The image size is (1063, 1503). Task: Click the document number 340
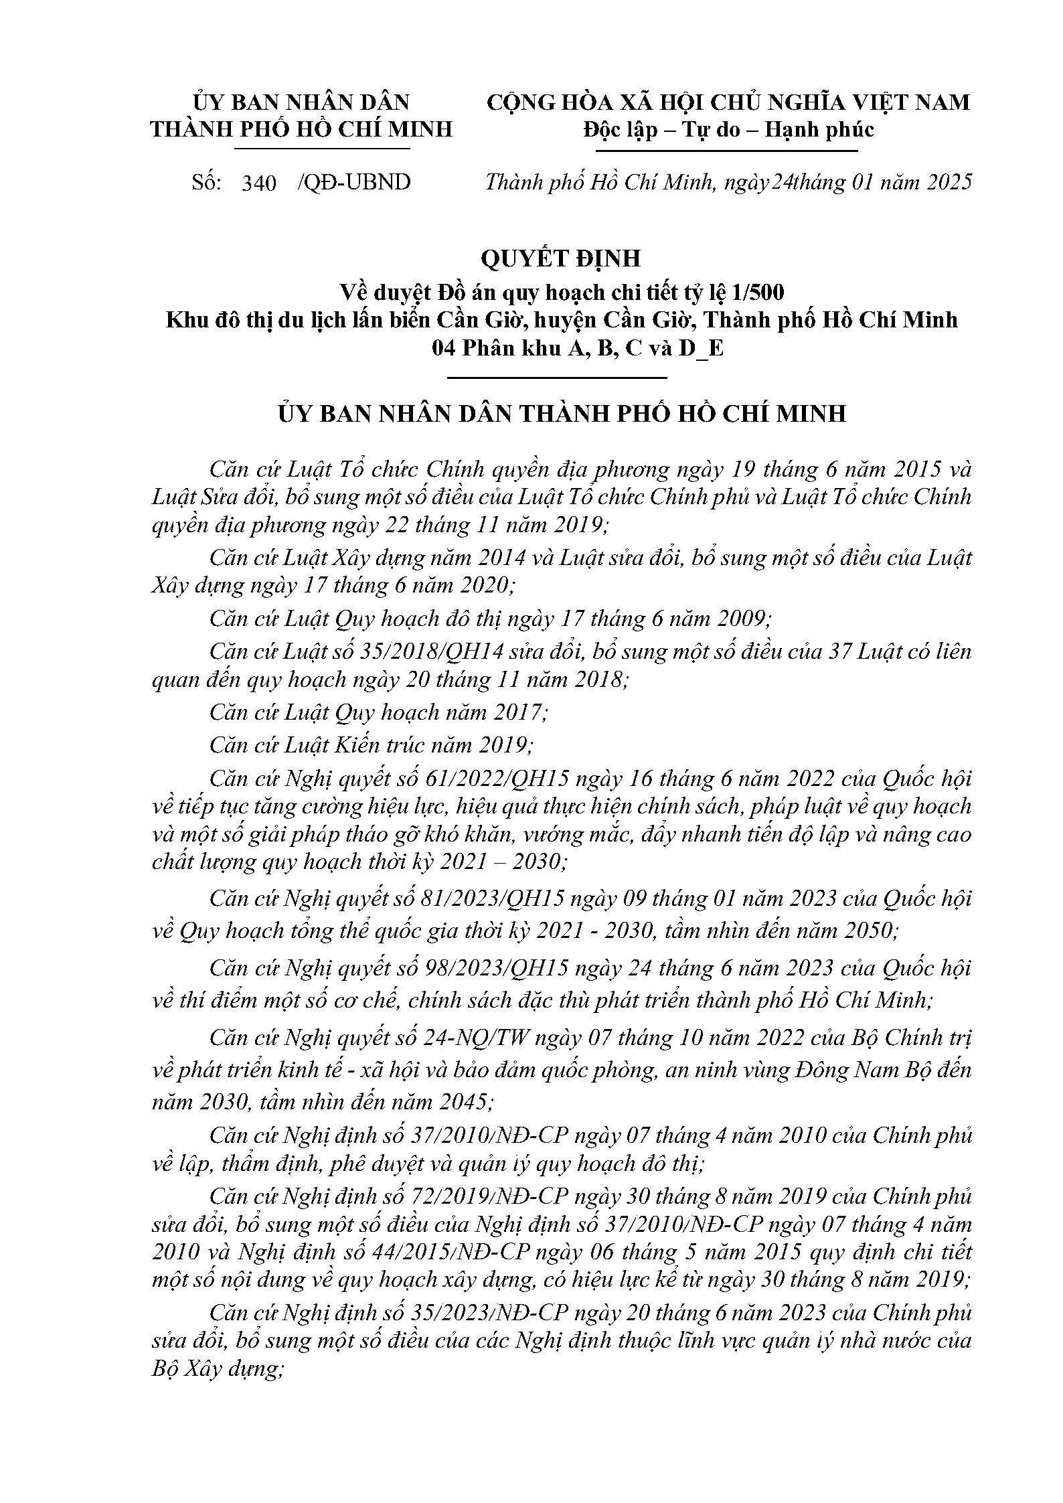click(259, 183)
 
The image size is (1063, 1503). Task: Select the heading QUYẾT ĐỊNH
click(561, 258)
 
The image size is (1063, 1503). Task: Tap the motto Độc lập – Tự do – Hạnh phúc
click(728, 129)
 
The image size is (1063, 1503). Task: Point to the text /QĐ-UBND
click(353, 183)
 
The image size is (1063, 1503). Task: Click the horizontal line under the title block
click(557, 378)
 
